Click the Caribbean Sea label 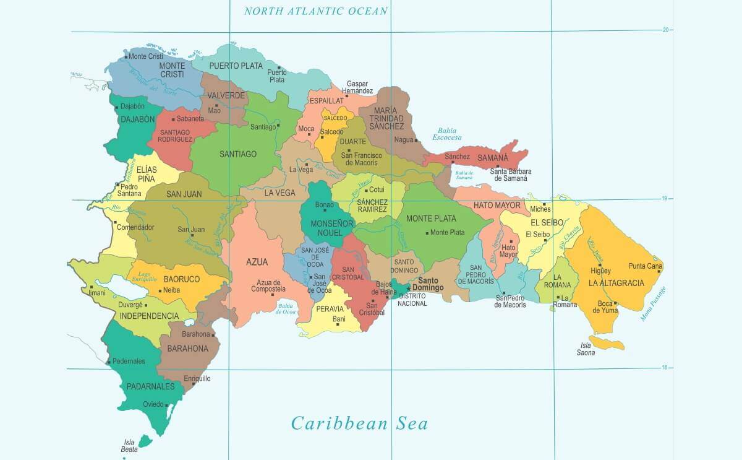click(x=359, y=423)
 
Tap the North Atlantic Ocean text click(x=316, y=11)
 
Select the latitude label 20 click(x=666, y=29)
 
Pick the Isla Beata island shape click(x=145, y=441)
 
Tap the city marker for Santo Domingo click(x=408, y=287)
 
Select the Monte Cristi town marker click(x=126, y=56)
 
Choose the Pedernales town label click(x=129, y=361)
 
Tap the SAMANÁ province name click(x=492, y=158)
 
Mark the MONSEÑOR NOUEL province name click(x=331, y=227)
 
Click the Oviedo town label click(x=153, y=405)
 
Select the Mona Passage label click(x=654, y=303)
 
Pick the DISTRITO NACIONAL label click(x=412, y=300)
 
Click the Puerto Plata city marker click(x=279, y=67)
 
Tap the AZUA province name click(x=257, y=262)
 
